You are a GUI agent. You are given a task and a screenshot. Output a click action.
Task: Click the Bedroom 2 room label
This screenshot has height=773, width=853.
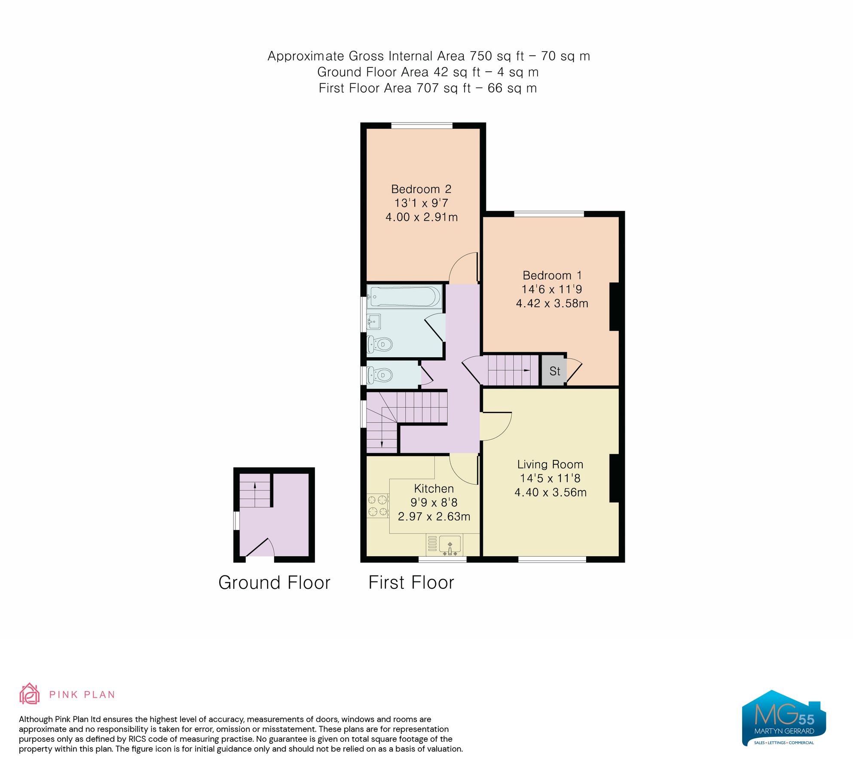(421, 189)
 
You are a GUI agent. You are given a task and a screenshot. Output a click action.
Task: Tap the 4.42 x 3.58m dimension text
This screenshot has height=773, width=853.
(552, 303)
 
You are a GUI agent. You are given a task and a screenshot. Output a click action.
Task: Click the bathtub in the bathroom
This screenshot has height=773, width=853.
(404, 296)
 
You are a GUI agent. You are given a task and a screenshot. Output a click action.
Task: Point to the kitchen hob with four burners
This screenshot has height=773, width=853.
(377, 505)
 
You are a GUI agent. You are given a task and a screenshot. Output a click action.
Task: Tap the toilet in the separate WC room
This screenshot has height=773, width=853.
(380, 375)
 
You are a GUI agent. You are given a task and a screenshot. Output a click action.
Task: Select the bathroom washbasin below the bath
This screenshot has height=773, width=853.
(373, 321)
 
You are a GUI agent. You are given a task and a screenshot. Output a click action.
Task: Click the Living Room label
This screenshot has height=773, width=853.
(550, 464)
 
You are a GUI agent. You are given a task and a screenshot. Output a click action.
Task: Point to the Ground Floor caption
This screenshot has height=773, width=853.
(274, 583)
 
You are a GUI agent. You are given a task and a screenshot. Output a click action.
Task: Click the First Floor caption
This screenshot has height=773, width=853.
(411, 583)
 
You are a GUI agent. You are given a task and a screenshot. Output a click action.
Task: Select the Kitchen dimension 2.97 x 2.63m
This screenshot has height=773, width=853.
(434, 516)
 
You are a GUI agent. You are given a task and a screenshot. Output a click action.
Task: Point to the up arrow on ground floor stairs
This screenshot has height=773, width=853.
(255, 486)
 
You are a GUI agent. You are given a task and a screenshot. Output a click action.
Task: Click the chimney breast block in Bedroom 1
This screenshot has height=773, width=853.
(614, 307)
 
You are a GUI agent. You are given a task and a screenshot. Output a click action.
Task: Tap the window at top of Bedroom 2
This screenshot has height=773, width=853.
(422, 126)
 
